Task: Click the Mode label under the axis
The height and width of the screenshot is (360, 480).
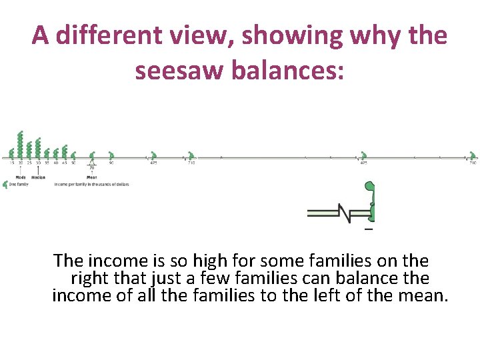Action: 21,177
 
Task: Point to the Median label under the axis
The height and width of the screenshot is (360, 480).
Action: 38,177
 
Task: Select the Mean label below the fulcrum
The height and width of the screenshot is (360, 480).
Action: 92,177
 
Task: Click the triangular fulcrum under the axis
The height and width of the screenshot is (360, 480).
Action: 92,163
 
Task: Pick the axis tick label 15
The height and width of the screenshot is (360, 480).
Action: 11,163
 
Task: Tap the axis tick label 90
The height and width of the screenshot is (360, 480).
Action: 111,163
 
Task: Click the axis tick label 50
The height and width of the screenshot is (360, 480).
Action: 73,163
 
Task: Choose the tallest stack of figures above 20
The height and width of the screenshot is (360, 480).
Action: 20,143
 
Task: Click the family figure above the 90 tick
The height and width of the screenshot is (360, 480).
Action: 111,155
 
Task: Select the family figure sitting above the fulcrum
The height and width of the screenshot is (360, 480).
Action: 92,155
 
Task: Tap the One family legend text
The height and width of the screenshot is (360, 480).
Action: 18,184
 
